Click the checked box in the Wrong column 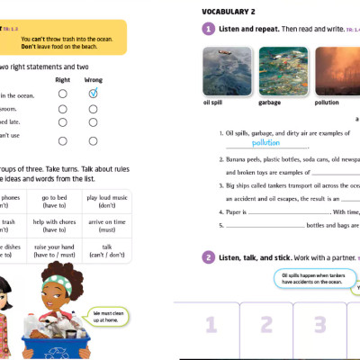point(94,93)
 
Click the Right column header point(62,80)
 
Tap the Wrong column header point(94,80)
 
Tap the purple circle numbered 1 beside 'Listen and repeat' point(208,29)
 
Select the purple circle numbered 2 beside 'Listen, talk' point(208,257)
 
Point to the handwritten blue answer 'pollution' point(265,142)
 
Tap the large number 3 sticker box point(319,324)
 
